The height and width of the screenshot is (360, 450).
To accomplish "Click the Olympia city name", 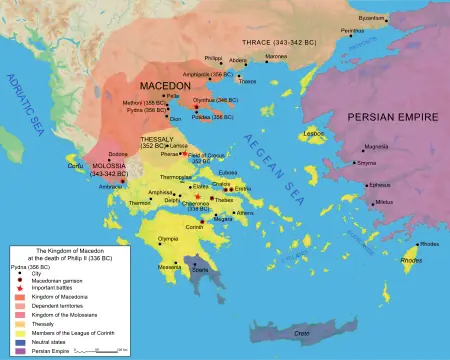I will click(168, 240).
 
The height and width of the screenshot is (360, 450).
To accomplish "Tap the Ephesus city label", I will click(380, 184).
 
